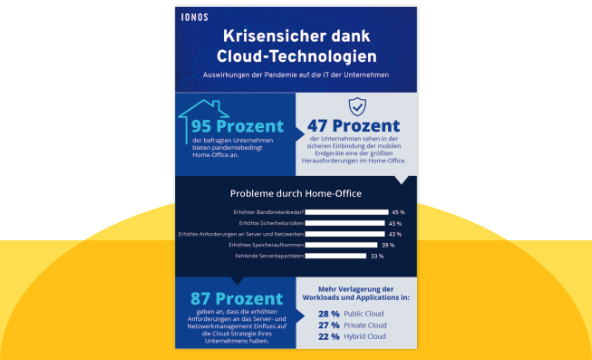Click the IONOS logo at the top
[x=198, y=17]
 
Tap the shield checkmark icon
[x=356, y=105]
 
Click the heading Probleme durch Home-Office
[x=296, y=193]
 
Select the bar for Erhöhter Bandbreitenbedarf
[x=346, y=212]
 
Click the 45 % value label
[x=398, y=212]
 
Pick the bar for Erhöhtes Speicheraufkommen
[x=341, y=245]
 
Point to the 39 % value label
[x=388, y=245]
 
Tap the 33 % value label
[x=377, y=256]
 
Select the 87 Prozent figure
[x=236, y=298]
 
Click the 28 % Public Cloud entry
[x=356, y=313]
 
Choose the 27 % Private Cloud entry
[x=357, y=325]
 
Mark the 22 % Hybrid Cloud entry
[x=356, y=337]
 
